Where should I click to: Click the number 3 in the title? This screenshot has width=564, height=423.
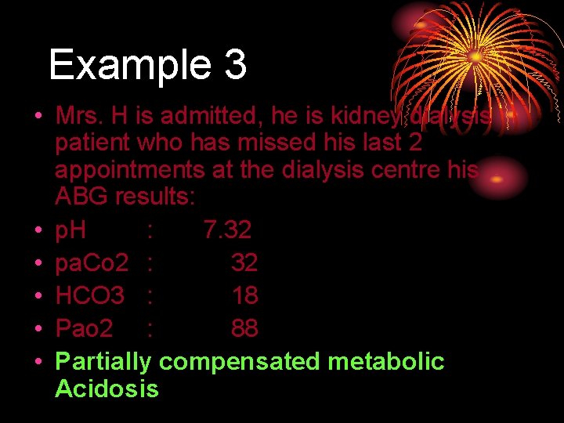pyautogui.click(x=235, y=65)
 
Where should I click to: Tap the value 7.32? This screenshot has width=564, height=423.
pyautogui.click(x=227, y=230)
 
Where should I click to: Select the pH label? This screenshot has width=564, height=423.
pyautogui.click(x=70, y=230)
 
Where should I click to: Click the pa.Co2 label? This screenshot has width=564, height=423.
pyautogui.click(x=92, y=263)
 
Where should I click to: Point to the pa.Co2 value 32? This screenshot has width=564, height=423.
pyautogui.click(x=244, y=263)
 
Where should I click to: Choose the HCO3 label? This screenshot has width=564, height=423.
pyautogui.click(x=90, y=296)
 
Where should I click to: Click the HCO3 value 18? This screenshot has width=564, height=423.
pyautogui.click(x=244, y=296)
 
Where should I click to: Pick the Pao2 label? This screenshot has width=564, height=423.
pyautogui.click(x=83, y=329)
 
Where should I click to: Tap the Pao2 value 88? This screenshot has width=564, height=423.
pyautogui.click(x=244, y=329)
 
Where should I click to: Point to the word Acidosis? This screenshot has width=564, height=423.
pyautogui.click(x=107, y=389)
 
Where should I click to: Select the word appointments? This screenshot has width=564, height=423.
pyautogui.click(x=131, y=170)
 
